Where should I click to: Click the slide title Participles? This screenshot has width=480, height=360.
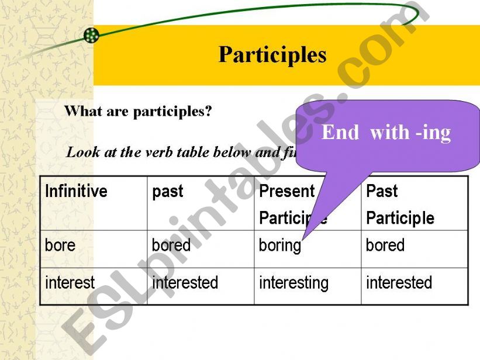point(272,55)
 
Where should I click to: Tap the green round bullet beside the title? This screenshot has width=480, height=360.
point(91,36)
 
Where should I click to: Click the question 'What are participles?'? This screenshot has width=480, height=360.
point(137,111)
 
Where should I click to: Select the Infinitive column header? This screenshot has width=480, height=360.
point(76,191)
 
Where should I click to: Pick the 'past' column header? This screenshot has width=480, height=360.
point(167,191)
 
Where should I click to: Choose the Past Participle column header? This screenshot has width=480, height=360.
point(400,205)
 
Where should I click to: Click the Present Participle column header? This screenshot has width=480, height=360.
point(292,205)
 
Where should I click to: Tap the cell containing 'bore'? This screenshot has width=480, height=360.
point(60,245)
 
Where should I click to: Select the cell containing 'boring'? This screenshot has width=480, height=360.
point(279,245)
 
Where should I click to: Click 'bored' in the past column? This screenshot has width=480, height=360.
point(171,245)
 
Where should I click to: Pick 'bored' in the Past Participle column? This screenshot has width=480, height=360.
point(385,245)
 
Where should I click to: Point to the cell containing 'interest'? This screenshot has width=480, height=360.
point(70,283)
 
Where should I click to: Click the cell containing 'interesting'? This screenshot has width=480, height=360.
point(293,283)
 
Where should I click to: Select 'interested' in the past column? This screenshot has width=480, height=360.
point(185,283)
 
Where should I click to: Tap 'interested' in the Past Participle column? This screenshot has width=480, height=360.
point(399,283)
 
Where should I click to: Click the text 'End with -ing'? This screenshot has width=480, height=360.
point(386,133)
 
